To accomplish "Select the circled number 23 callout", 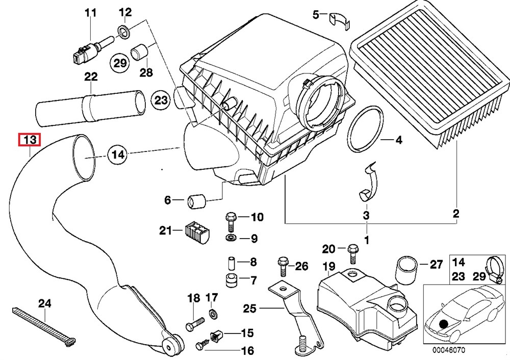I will (x=161, y=101).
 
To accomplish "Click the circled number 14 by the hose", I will (x=118, y=153).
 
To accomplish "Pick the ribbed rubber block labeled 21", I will (x=196, y=234).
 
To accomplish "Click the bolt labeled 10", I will (x=229, y=220).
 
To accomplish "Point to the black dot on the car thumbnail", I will (x=444, y=323).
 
